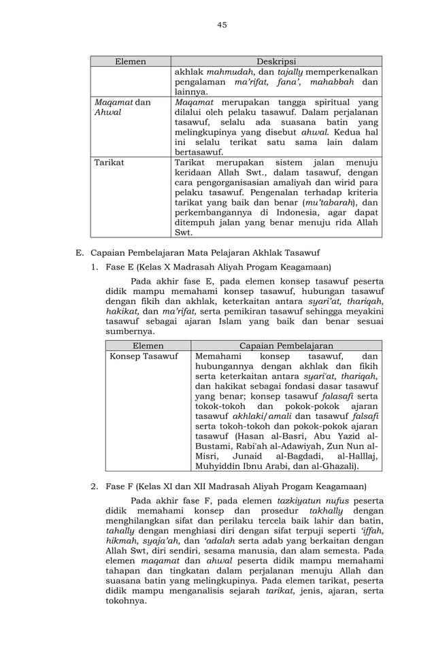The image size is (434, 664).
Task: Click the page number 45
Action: (222, 25)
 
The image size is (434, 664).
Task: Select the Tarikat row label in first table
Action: (110, 163)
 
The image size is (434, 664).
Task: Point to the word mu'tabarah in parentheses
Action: (331, 202)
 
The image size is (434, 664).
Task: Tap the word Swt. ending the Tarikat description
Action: (183, 231)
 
